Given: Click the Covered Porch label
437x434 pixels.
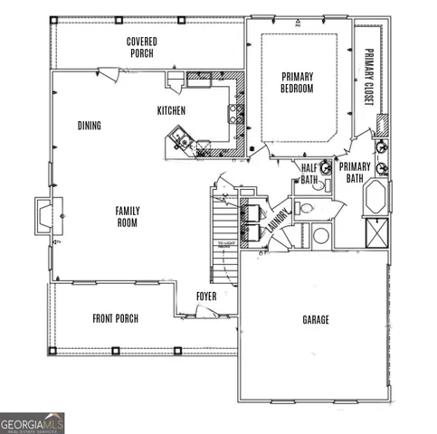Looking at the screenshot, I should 140,47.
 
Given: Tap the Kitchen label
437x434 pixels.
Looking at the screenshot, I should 171,110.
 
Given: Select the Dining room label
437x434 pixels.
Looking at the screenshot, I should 90,126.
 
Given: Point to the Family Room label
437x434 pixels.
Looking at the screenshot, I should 127,216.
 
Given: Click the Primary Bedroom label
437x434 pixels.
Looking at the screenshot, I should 297,83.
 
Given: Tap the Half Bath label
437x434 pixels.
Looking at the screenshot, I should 309,174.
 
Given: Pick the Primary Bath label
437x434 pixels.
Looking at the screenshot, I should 355,172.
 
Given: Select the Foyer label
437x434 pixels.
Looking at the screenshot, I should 206,296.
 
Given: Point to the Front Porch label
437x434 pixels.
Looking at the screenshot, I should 115,318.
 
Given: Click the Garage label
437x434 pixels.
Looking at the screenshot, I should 315,319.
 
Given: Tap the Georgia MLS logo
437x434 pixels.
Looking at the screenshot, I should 33,422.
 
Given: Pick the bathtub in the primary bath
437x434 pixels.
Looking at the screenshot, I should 375,197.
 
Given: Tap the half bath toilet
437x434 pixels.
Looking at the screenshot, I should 306,207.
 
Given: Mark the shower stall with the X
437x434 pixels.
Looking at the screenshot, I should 375,232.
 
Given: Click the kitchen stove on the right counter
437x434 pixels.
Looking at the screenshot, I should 233,114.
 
